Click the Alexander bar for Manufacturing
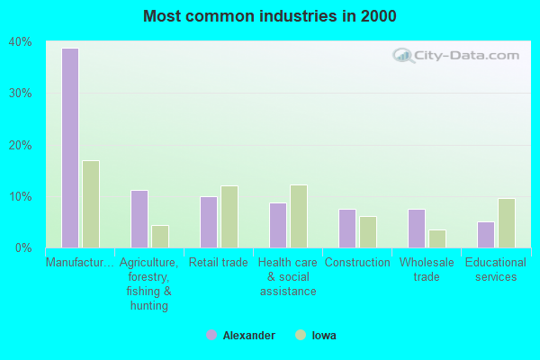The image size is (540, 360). tap(69, 148)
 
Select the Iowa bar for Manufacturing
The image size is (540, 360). tap(91, 204)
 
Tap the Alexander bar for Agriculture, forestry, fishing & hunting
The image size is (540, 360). tap(139, 219)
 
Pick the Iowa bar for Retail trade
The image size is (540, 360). tap(229, 217)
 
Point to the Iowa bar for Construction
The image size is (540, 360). tap(368, 231)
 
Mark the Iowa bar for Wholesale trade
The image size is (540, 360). tap(437, 238)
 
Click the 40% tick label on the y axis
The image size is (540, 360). tap(20, 42)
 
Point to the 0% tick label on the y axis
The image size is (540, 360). tap(23, 247)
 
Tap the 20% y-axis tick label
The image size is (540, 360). tap(20, 145)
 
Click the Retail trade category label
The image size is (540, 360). tap(217, 263)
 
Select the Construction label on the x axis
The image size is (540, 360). tap(357, 263)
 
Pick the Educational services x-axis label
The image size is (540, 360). tap(495, 270)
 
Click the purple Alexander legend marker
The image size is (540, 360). tap(211, 335)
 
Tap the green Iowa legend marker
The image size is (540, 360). tap(300, 335)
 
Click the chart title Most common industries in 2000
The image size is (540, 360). tap(269, 16)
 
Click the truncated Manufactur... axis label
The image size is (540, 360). tap(80, 263)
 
